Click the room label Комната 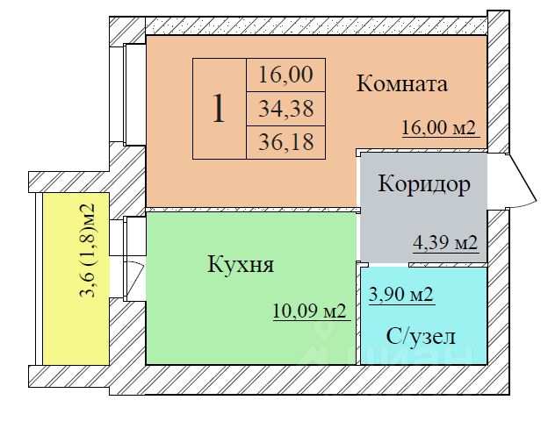click(401, 84)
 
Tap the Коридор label click(424, 183)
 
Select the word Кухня click(241, 264)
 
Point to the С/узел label click(421, 337)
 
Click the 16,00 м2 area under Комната click(439, 127)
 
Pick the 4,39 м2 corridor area click(445, 242)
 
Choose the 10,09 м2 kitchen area click(309, 311)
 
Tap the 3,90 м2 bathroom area click(400, 294)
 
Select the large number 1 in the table click(219, 108)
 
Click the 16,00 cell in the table click(286, 75)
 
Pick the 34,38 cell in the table click(286, 109)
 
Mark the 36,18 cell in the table click(286, 142)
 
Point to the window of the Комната click(134, 95)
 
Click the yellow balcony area click(76, 279)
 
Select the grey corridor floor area click(423, 208)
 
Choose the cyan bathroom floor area click(423, 316)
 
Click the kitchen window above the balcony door click(134, 236)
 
